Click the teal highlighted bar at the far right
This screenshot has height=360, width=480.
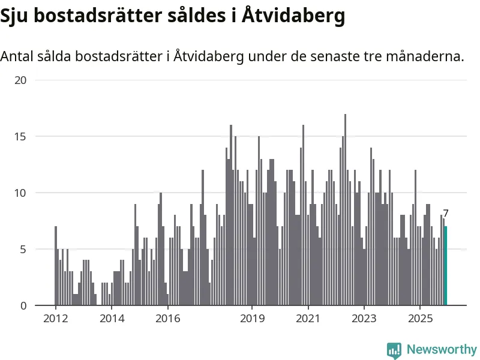point(445,266)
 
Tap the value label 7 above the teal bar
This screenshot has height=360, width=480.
point(446,213)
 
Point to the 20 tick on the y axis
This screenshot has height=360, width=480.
point(20,80)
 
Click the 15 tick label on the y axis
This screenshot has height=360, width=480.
point(20,136)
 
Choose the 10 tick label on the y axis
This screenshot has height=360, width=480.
point(20,193)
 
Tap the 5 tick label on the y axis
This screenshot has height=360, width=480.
point(23,249)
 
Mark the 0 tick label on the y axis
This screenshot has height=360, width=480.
point(23,305)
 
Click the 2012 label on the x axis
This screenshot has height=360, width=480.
point(55,318)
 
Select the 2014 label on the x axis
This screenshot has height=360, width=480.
point(112,318)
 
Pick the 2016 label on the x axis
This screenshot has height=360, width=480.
point(168,318)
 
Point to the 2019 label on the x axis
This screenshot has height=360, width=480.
point(252,318)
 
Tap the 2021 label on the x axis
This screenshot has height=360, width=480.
point(308,318)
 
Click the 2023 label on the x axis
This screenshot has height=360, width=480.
point(364,318)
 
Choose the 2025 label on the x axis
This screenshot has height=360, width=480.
point(420,318)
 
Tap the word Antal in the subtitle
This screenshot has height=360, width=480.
point(18,57)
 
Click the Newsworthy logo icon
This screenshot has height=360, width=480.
point(394,350)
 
